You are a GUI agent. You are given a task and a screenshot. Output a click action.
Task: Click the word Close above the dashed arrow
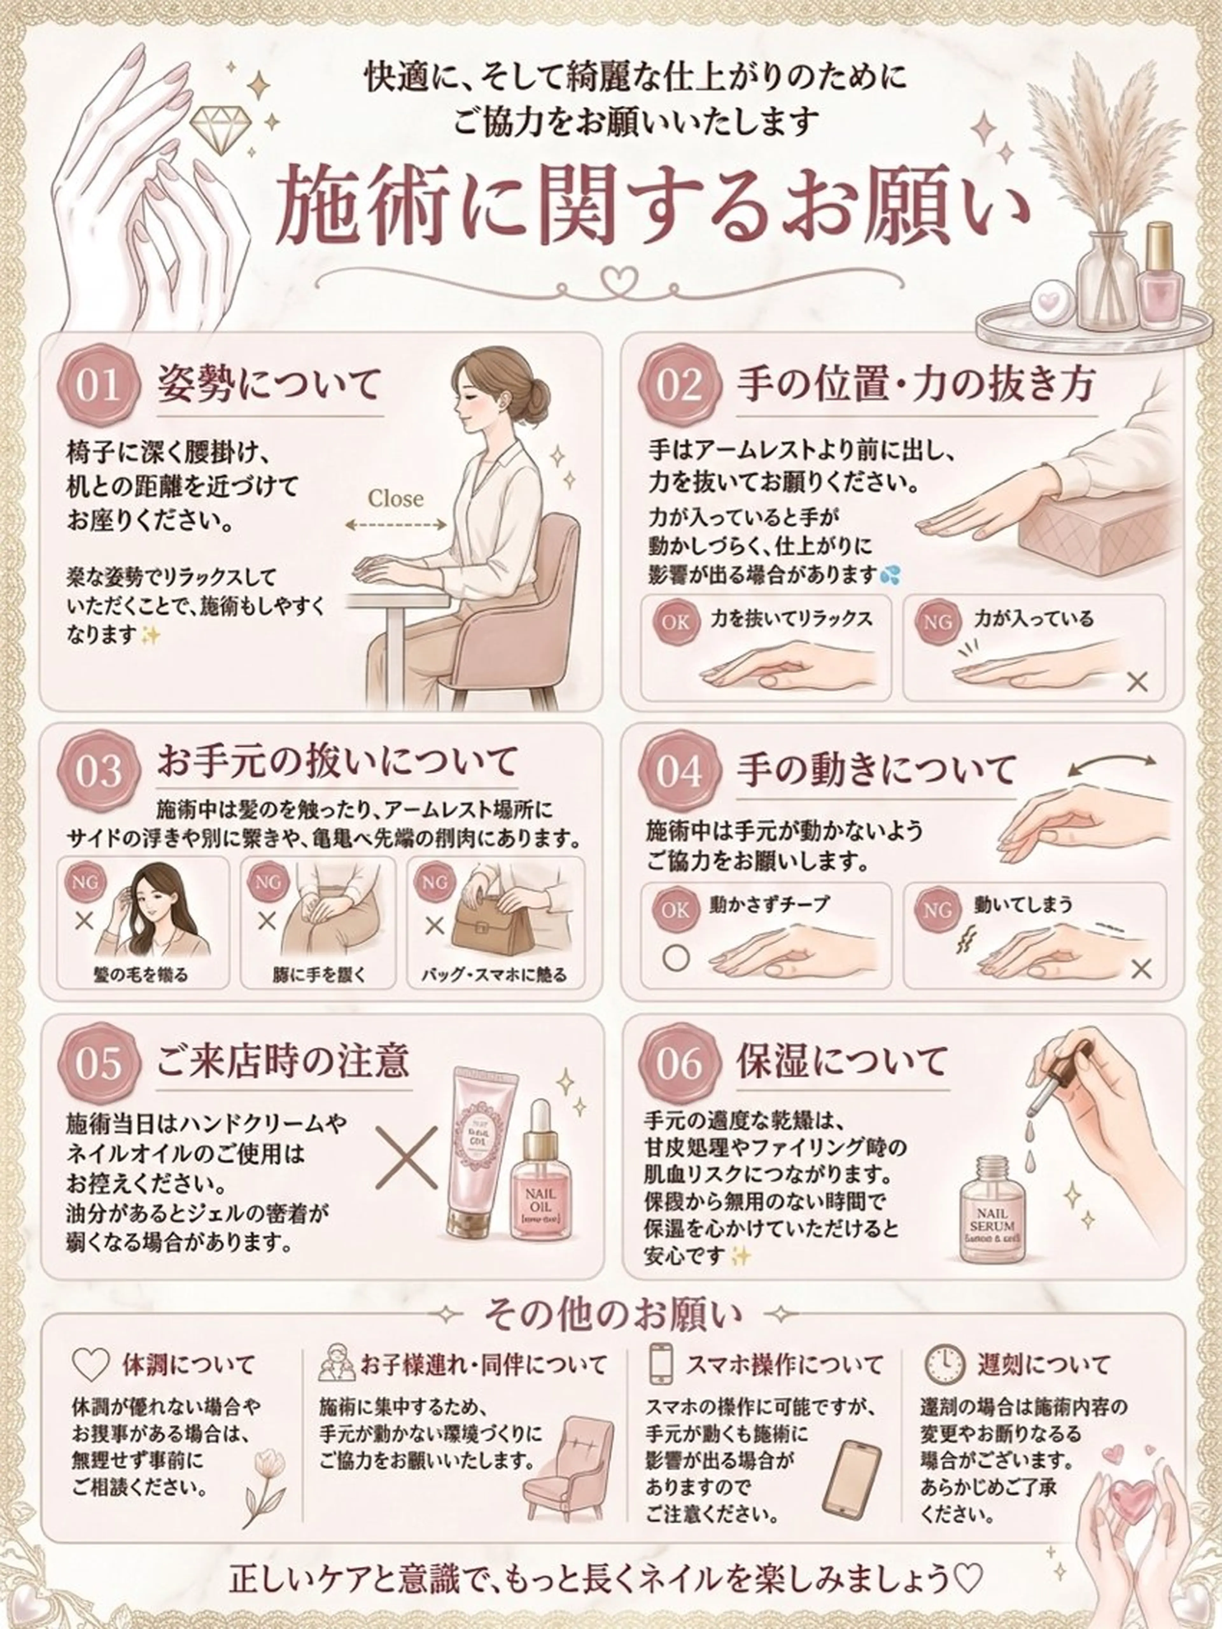click(x=396, y=499)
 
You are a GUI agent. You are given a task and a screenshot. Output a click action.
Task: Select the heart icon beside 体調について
click(x=91, y=1365)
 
